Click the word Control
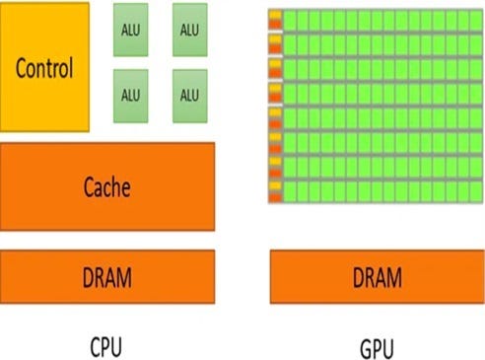tap(44, 69)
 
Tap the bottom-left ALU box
tap(130, 95)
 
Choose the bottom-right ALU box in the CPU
tap(189, 95)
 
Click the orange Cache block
tap(107, 185)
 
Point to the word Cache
tap(107, 185)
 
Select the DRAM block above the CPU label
tap(107, 276)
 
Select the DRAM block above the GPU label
tap(377, 276)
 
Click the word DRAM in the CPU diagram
tap(107, 277)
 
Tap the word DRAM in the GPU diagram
tap(377, 277)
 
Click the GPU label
tap(378, 346)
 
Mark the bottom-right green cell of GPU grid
tap(476, 190)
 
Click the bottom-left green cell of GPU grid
tap(290, 190)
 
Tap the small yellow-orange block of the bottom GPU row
tap(275, 190)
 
